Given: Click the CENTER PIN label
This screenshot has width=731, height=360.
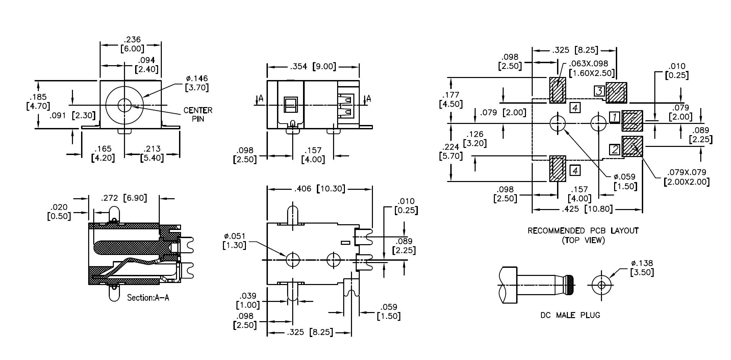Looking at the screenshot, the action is point(198,114).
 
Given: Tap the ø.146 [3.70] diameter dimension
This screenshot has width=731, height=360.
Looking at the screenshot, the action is point(197,83).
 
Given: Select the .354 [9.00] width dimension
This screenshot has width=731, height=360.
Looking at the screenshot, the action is point(313,67).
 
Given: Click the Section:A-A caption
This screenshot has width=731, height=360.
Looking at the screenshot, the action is point(148,298).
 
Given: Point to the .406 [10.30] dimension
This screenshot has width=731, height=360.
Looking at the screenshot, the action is point(320,189).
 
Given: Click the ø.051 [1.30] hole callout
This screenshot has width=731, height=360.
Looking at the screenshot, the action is point(234,241).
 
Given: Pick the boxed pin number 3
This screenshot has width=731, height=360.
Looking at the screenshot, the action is point(599,91).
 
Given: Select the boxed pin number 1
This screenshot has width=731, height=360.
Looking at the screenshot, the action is point(614,117).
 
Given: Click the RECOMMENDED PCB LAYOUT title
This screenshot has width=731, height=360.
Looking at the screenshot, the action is point(583,231).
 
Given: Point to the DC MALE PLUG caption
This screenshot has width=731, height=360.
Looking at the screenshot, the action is point(571,315).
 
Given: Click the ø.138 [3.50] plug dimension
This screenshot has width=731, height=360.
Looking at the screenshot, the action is point(642,268).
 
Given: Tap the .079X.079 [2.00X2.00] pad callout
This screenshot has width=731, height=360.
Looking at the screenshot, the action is point(686,177).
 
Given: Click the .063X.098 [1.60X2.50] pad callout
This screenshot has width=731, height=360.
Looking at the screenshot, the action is point(591,68).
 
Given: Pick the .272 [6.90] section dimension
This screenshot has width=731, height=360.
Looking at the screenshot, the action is point(124,198).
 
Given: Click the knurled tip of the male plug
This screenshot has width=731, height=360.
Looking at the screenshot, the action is point(571,285).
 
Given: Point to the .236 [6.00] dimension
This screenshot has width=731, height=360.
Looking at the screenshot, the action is point(132,44).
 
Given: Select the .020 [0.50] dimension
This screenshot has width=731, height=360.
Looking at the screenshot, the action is point(59,211).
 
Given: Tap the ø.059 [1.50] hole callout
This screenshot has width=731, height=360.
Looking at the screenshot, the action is point(625,181).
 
